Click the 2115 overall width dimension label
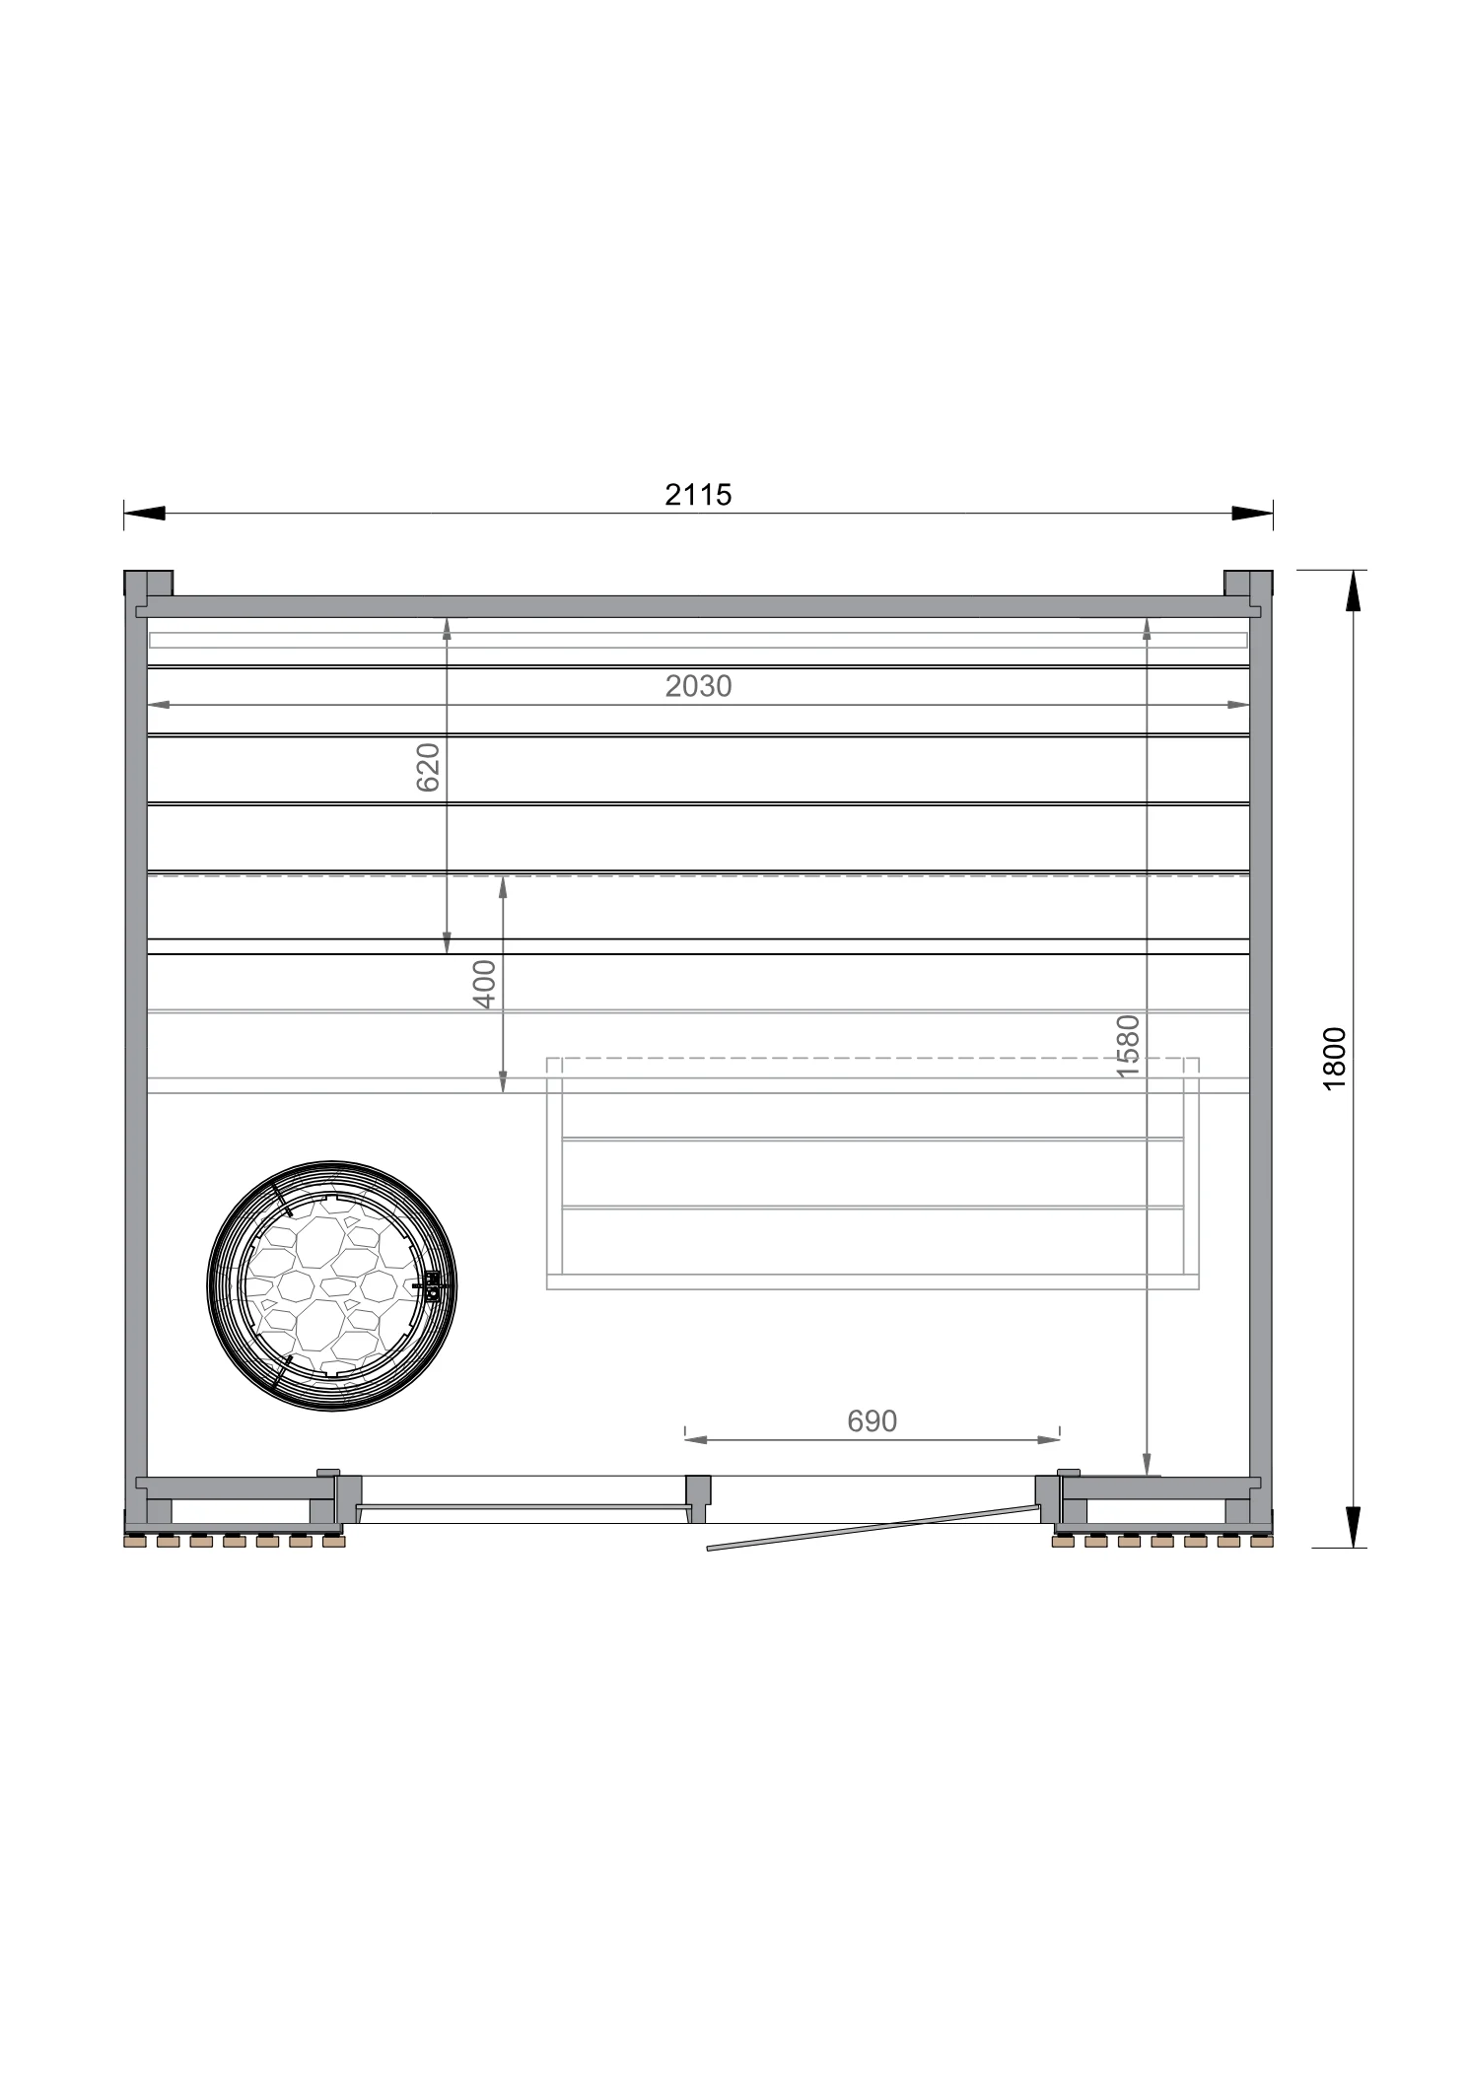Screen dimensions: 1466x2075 tap(698, 494)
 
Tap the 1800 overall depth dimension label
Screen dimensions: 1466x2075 tap(1334, 1058)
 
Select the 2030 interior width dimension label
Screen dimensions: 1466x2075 tap(698, 686)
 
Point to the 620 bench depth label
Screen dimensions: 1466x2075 tap(428, 768)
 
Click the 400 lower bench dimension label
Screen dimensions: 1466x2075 tap(484, 984)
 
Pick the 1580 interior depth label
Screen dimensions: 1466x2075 tap(1128, 1046)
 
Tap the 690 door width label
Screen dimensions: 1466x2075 tap(873, 1420)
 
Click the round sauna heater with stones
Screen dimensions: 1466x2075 tap(332, 1285)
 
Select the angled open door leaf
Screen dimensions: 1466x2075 tap(873, 1528)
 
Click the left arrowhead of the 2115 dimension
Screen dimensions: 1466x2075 tap(144, 513)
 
